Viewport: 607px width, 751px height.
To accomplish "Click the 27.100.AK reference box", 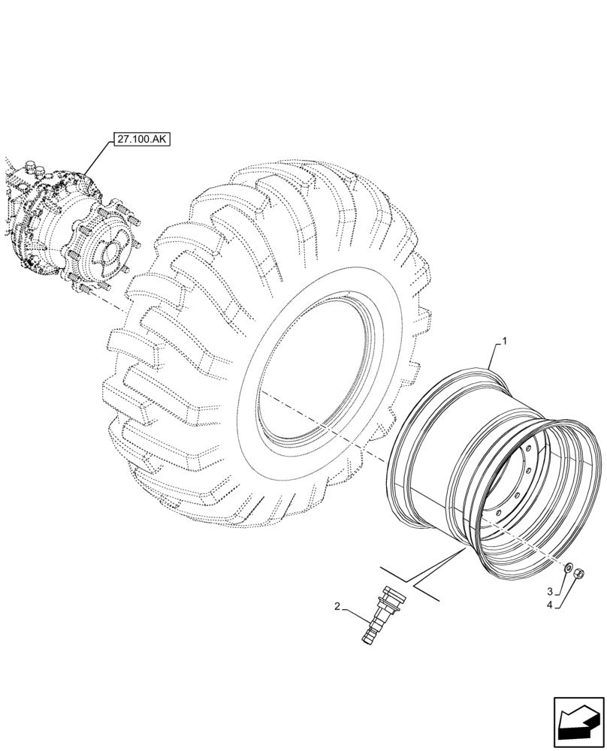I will [x=140, y=139].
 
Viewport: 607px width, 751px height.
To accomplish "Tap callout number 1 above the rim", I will [x=505, y=341].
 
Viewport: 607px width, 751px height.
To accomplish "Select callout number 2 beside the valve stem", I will [x=338, y=605].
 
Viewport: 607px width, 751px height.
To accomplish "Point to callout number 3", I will [x=549, y=590].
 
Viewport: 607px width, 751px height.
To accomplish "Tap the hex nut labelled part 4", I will [x=580, y=575].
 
